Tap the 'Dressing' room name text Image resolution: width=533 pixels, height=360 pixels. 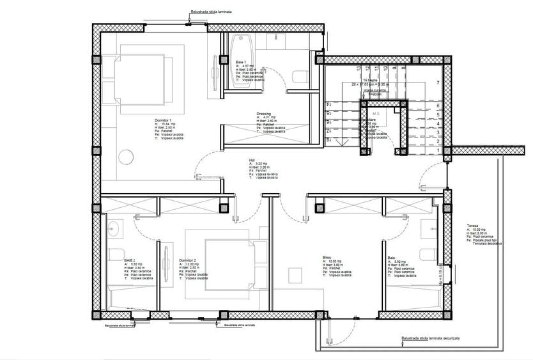tap(264, 113)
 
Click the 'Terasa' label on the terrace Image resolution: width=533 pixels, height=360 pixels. tap(473, 225)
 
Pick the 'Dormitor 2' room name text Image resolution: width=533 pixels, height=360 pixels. tap(188, 260)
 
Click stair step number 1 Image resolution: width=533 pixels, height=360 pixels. tap(437, 152)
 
